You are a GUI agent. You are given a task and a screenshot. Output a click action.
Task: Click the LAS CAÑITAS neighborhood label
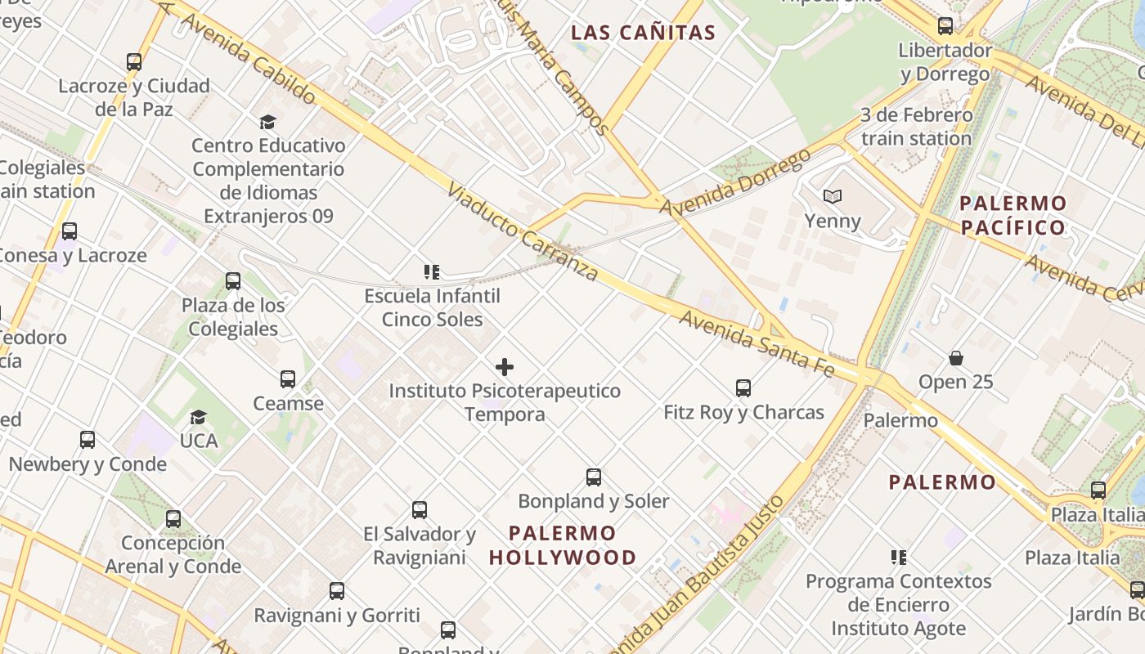click(643, 34)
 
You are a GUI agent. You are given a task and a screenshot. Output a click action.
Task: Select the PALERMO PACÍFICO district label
click(1013, 215)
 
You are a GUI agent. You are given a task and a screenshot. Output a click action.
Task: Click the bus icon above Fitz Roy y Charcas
click(743, 388)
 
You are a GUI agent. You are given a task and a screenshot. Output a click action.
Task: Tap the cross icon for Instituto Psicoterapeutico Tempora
click(505, 367)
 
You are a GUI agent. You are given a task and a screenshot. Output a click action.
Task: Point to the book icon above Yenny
click(833, 197)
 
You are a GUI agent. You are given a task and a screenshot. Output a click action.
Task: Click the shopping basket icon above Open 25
click(955, 358)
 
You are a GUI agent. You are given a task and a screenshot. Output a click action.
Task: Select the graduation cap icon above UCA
click(198, 418)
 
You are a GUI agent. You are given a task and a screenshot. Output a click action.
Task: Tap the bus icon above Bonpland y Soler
click(594, 477)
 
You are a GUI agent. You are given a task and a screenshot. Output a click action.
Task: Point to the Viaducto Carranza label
click(523, 231)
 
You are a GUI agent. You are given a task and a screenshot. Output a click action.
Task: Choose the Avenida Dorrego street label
click(735, 182)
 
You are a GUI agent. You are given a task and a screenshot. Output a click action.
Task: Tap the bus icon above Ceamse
click(288, 379)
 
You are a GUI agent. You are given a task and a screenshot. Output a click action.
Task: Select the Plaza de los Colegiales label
click(233, 317)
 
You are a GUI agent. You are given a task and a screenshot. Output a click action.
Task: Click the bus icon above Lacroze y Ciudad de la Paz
click(134, 62)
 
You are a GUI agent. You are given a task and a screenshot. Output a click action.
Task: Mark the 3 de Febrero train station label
click(916, 127)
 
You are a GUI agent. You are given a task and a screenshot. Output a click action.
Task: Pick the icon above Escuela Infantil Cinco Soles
click(432, 272)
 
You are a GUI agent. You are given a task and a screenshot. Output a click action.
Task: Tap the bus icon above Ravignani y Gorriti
click(337, 591)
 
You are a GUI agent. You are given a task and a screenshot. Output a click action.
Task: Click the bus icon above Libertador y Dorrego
click(945, 26)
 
